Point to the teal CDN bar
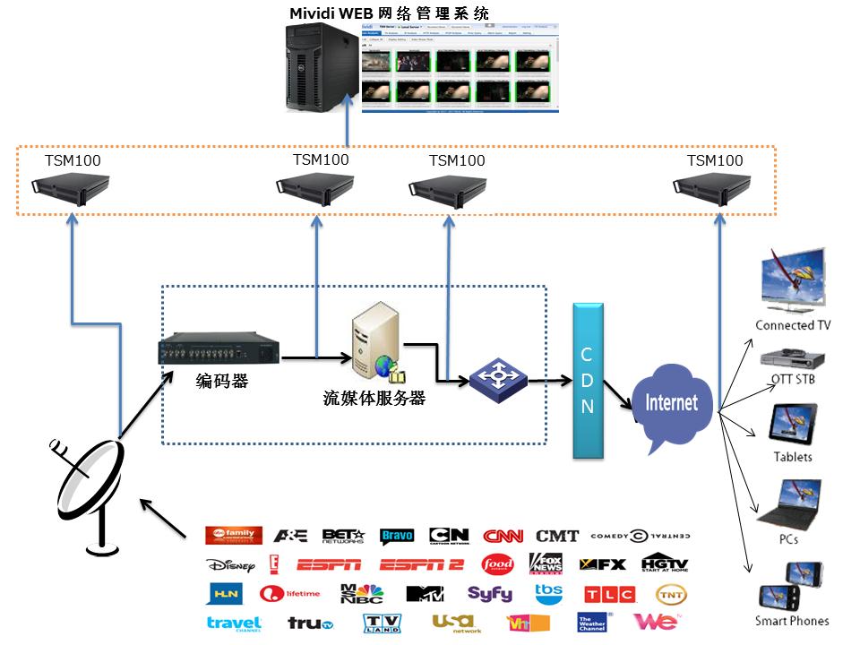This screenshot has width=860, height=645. click(588, 382)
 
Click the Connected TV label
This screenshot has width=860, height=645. click(792, 325)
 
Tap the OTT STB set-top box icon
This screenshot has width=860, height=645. click(792, 358)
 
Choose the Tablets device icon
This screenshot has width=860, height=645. click(793, 423)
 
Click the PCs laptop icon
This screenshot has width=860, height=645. click(789, 503)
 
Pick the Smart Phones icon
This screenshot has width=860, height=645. click(791, 586)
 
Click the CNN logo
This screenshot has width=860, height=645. click(503, 537)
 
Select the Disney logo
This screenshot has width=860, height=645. click(231, 565)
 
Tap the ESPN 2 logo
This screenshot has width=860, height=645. click(420, 565)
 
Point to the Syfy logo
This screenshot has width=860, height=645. click(489, 594)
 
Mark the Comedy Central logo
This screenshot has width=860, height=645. click(640, 537)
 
